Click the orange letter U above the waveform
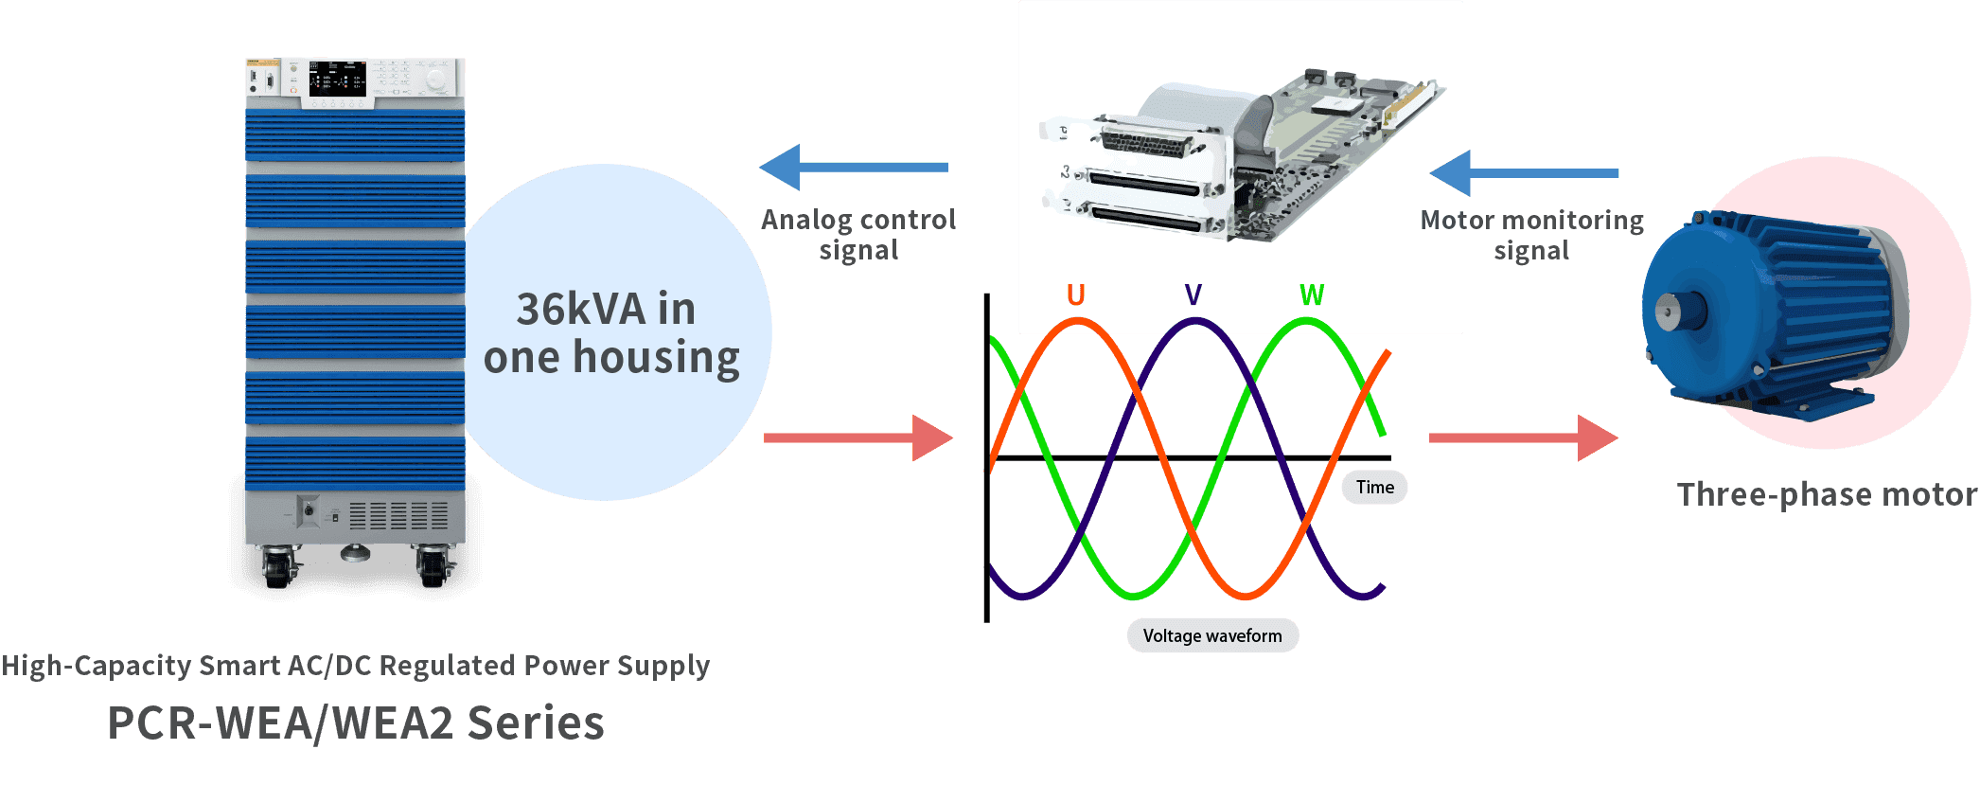(x=1075, y=295)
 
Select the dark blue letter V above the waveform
(x=1193, y=295)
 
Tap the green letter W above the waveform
(x=1312, y=295)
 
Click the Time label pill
(x=1374, y=488)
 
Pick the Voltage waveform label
(x=1212, y=635)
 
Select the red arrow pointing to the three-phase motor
(x=1524, y=437)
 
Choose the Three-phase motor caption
(x=1826, y=494)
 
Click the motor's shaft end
(x=1666, y=312)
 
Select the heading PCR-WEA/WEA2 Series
(x=356, y=723)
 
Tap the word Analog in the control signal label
(x=806, y=220)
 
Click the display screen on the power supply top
(x=337, y=80)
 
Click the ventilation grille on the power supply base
(x=398, y=516)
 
